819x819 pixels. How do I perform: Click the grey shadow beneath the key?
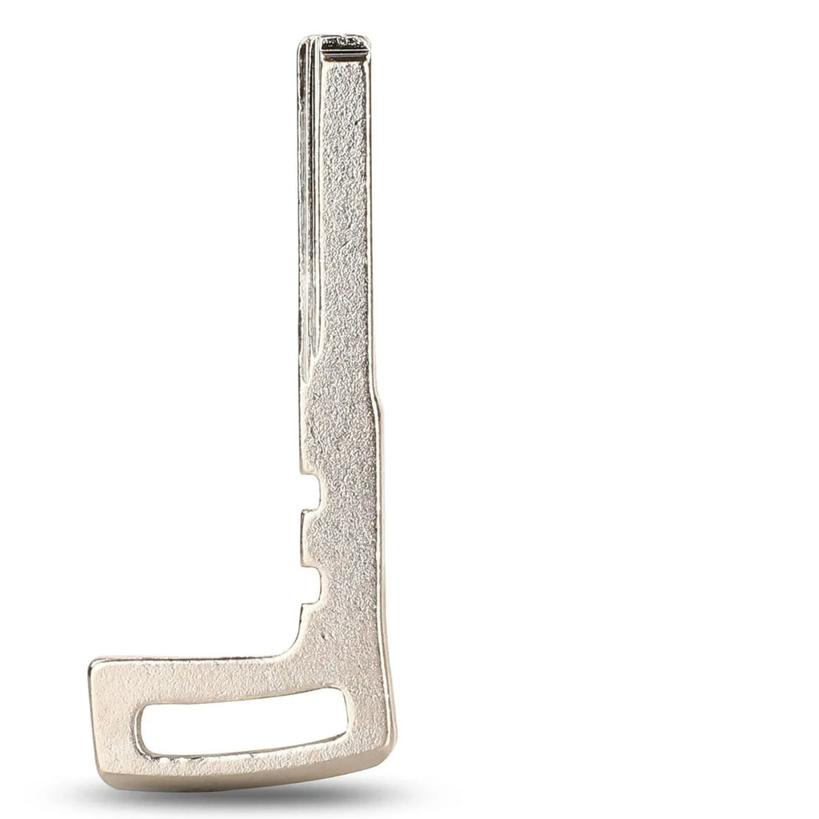240,800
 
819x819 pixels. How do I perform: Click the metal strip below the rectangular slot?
240,764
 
